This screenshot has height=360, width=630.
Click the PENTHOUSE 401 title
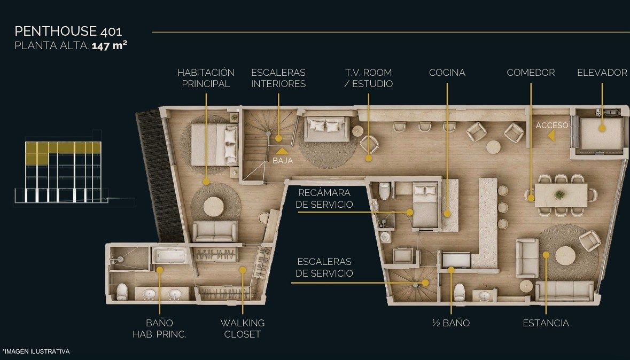pos(68,31)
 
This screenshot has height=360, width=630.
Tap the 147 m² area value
pos(110,45)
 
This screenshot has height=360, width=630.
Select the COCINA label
pos(447,73)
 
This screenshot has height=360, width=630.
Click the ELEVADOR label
pos(602,73)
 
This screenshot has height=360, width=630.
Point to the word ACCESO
pos(552,126)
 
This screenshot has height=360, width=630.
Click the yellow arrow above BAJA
pos(282,151)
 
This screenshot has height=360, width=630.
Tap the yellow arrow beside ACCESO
pos(551,136)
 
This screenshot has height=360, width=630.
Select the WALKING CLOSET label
pos(242,328)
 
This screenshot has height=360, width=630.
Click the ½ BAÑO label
pos(451,323)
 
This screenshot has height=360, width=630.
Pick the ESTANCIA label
pos(546,323)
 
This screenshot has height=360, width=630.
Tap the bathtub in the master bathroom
pos(169,256)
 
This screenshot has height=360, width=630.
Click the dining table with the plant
pos(561,195)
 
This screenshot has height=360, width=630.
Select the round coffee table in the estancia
pos(565,256)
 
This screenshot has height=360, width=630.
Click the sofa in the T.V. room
pos(326,129)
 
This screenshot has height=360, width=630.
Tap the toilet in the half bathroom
pos(459,292)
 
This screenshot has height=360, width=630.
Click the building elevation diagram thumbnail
pos(63,171)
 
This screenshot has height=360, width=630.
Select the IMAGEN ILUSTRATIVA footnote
pos(36,351)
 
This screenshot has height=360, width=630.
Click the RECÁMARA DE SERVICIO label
pos(324,199)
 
